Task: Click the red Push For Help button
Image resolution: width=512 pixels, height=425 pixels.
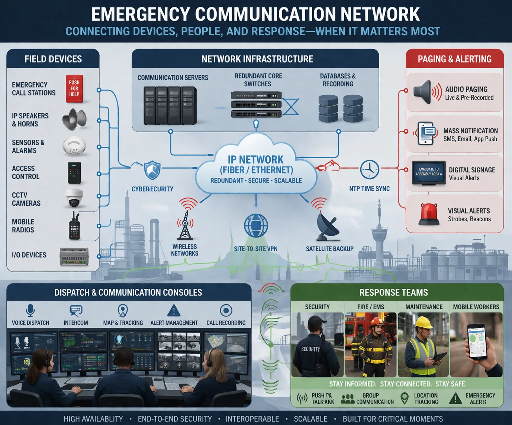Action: tap(74, 89)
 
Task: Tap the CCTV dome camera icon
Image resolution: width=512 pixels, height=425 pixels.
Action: tap(74, 198)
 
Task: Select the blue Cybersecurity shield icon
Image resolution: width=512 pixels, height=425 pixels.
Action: tap(152, 170)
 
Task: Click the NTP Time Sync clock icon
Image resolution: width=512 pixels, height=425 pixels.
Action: tap(369, 169)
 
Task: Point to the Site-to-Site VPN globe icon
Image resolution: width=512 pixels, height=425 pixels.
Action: tap(256, 226)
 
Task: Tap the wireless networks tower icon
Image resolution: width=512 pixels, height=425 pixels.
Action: tap(185, 225)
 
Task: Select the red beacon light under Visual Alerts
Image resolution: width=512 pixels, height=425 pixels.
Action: tap(429, 214)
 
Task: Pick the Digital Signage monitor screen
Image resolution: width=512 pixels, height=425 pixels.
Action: tap(429, 172)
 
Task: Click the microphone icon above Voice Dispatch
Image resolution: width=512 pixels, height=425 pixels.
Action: tap(30, 310)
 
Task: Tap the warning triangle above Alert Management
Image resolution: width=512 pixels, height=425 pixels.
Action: tap(174, 310)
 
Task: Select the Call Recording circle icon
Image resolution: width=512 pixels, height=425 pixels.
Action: tap(226, 310)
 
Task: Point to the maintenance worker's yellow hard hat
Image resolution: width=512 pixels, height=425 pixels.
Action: tap(424, 322)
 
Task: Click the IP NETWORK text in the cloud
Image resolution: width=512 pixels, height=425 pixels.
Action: tap(255, 159)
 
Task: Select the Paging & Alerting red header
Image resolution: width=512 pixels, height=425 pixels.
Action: tap(454, 59)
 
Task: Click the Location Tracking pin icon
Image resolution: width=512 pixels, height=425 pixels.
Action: tap(405, 398)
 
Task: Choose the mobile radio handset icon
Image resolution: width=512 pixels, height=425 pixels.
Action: tap(74, 226)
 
